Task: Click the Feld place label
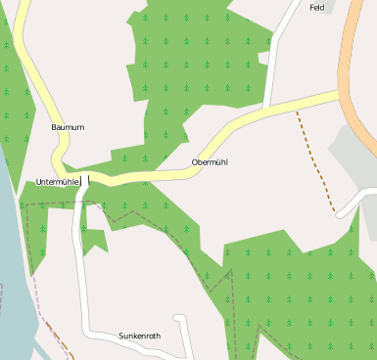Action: (316, 8)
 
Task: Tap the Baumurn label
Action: (68, 127)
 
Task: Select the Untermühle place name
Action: (57, 182)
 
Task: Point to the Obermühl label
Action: (210, 161)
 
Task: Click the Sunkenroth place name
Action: (139, 336)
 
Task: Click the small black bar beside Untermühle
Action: (87, 180)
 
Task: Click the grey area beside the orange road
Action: (353, 157)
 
